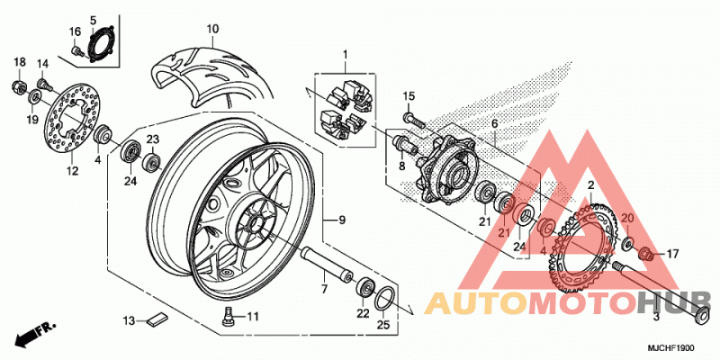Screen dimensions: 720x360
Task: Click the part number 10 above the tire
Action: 212,30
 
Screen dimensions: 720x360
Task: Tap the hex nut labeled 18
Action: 18,85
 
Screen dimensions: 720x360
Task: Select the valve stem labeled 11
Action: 227,316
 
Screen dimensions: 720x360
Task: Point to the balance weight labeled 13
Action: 158,319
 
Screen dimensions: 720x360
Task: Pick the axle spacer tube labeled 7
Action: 326,263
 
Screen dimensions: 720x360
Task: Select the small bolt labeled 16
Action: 76,50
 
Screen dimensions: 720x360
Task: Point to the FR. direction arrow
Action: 35,333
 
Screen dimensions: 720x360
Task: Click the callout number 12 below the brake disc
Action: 73,171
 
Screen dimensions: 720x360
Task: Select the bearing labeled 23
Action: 152,162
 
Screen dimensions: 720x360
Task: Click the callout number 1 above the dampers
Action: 346,55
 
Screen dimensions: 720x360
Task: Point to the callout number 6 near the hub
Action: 494,124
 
